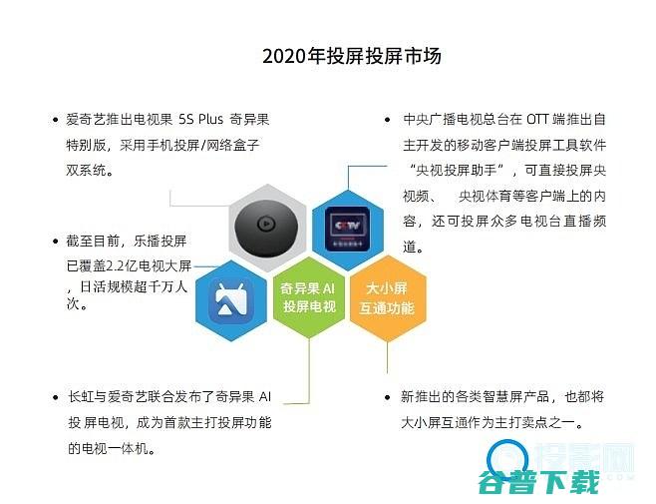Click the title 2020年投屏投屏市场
click(x=352, y=56)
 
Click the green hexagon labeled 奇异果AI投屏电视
click(x=308, y=296)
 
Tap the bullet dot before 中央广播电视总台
click(x=389, y=121)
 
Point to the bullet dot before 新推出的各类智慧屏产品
click(x=389, y=398)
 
